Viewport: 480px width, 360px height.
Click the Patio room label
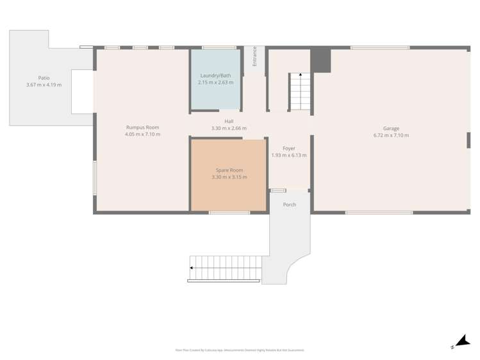tap(44, 78)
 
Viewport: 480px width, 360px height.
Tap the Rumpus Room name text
tap(142, 127)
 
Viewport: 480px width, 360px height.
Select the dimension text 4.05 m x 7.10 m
tap(142, 135)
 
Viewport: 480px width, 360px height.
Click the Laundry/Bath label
tap(215, 76)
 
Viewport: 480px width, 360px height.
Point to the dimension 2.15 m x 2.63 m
tap(215, 83)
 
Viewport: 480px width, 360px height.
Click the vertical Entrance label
tap(254, 56)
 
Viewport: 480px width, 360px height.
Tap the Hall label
tap(229, 121)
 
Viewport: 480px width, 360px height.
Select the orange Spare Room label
tap(229, 170)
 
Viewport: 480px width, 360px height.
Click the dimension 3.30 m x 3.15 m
tap(229, 177)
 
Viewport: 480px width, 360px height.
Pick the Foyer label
tap(289, 148)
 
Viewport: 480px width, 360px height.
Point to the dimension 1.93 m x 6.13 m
tap(289, 155)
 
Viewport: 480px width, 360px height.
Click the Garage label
tap(391, 128)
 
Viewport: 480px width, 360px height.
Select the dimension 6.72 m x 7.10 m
tap(391, 135)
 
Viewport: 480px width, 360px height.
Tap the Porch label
tap(290, 205)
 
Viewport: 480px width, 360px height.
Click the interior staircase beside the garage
tap(299, 91)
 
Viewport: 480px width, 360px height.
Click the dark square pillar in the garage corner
tap(320, 60)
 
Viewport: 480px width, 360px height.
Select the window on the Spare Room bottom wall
tap(229, 213)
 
